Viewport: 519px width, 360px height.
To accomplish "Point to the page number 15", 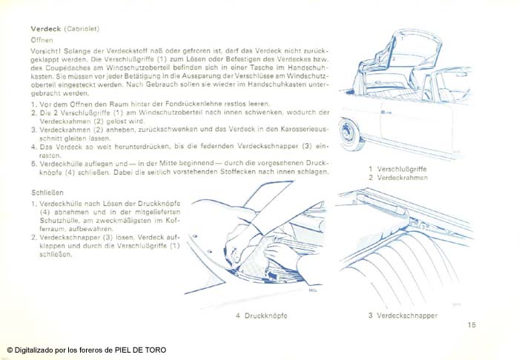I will (472, 324).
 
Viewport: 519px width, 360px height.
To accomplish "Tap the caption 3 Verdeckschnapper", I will (403, 316).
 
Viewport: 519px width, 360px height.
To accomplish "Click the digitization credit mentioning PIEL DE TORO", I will (86, 350).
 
